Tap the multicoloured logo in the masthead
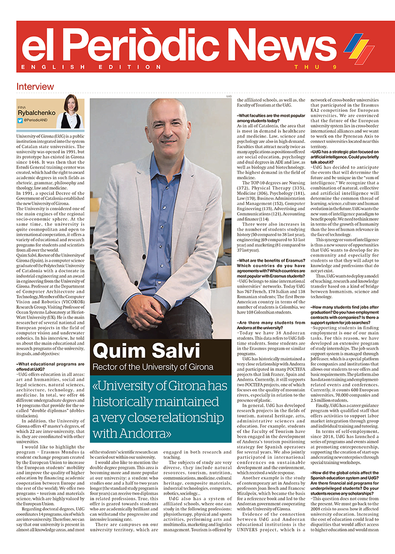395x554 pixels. [359, 48]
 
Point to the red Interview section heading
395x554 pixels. [35, 87]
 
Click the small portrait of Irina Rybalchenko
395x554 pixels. [71, 112]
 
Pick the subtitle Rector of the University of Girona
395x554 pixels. [153, 367]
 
